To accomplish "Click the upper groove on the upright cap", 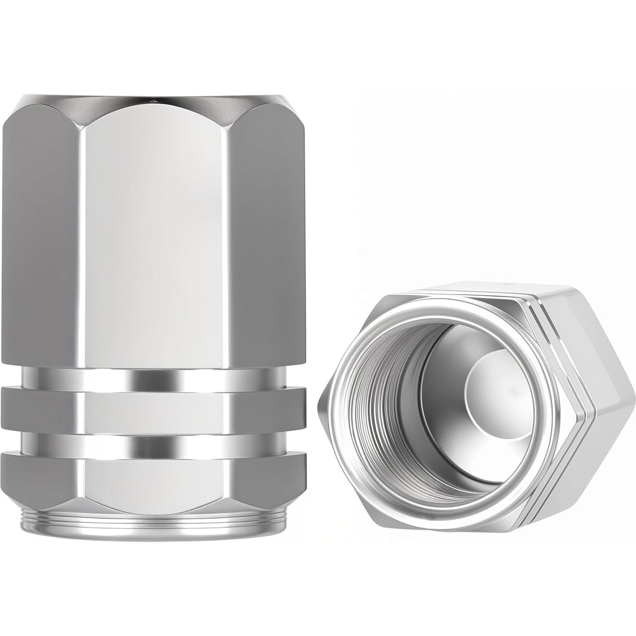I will [x=157, y=376].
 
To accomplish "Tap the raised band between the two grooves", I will [x=157, y=408].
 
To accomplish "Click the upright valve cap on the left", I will [x=157, y=298].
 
